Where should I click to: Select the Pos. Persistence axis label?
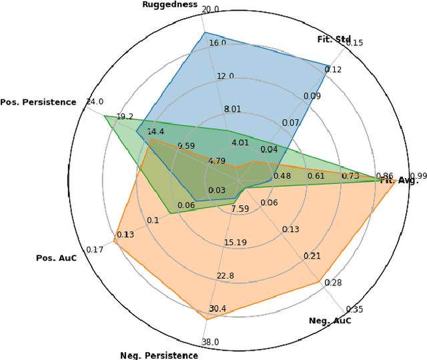38,102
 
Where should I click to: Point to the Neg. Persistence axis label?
159,355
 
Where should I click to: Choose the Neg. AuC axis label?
330,321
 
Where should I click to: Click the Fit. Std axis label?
334,39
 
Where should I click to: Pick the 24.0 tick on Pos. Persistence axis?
95,102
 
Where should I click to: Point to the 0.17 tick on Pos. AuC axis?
95,249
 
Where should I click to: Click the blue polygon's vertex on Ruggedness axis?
204,32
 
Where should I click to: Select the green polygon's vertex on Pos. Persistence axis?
104,116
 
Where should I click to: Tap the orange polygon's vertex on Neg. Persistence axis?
206,320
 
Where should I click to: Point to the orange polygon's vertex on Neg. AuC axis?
318,283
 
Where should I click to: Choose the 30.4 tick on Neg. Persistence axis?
218,308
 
